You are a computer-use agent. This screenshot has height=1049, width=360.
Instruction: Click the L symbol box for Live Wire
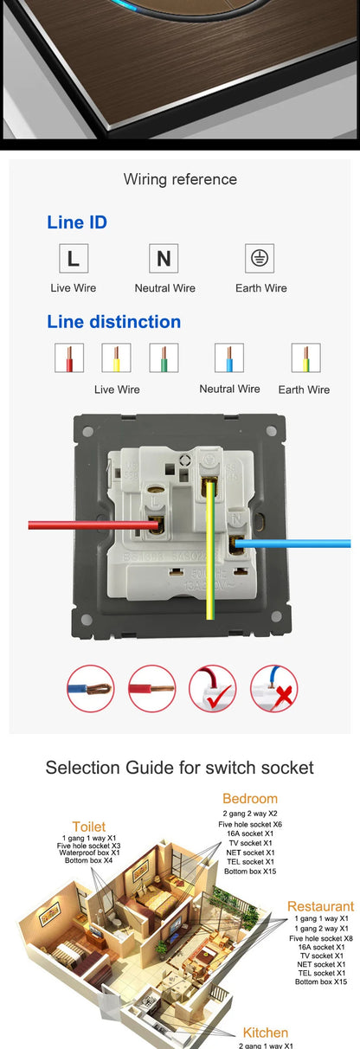[73, 258]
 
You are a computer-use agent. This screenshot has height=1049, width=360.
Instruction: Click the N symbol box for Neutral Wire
[164, 258]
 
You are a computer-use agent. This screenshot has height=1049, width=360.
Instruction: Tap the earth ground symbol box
[257, 258]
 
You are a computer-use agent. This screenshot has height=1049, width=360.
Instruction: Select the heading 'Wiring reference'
[180, 179]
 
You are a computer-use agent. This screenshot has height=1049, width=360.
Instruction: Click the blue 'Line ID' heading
[77, 222]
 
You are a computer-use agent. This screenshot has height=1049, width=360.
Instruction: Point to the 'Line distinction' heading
[113, 322]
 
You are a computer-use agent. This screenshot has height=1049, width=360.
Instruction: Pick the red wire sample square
[68, 358]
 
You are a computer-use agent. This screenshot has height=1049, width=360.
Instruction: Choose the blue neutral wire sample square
[229, 358]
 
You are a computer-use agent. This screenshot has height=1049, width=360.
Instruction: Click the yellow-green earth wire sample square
[305, 358]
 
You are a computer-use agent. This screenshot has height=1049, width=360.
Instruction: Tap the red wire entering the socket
[78, 524]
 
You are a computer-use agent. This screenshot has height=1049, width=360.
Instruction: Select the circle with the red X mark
[274, 689]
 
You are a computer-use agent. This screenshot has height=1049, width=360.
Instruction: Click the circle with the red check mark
[212, 689]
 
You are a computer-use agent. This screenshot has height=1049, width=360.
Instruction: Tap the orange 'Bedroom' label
[250, 798]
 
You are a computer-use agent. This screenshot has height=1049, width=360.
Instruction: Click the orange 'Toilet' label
[89, 827]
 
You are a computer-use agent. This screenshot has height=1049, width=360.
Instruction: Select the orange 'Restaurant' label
[320, 906]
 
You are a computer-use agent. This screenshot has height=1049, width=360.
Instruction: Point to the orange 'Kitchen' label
[266, 1033]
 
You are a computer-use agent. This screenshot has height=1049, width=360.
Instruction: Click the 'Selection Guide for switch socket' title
[180, 767]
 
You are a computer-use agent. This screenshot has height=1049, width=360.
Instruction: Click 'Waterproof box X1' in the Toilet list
[89, 853]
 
